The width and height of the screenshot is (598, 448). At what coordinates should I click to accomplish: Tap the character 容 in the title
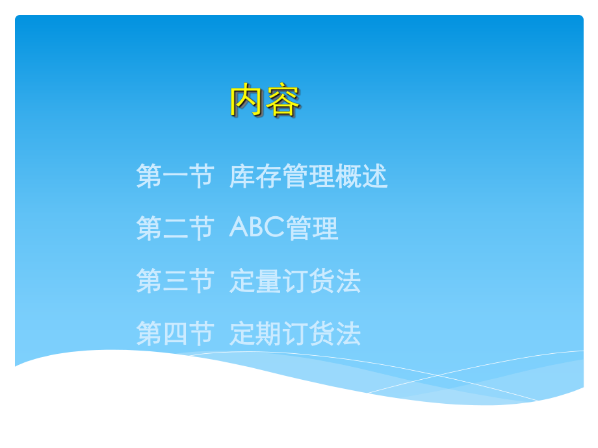[x=283, y=101]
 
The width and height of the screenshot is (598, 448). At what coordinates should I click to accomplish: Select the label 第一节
[x=175, y=177]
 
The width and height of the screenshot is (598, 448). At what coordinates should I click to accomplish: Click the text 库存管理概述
[x=308, y=177]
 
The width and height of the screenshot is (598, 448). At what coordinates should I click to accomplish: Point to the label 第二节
[x=175, y=229]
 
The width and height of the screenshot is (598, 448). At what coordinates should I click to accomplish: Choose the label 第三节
[x=175, y=281]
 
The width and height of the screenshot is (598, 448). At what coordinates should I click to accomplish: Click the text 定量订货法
[x=294, y=281]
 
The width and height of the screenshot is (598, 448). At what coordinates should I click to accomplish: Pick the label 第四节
[x=175, y=334]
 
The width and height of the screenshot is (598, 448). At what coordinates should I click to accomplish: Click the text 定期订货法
[x=294, y=334]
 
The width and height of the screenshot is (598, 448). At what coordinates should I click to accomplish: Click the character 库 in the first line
[x=242, y=177]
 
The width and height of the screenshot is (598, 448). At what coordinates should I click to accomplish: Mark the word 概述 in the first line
[x=361, y=177]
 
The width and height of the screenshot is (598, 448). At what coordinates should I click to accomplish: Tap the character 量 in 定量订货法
[x=268, y=281]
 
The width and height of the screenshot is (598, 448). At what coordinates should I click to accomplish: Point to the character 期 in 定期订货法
[x=268, y=334]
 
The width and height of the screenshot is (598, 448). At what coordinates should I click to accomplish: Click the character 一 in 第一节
[x=175, y=177]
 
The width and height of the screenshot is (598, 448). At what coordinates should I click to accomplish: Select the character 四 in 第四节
[x=175, y=334]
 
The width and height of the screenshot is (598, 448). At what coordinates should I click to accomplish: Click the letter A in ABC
[x=239, y=229]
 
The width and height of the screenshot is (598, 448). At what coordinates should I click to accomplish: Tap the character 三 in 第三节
[x=175, y=281]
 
